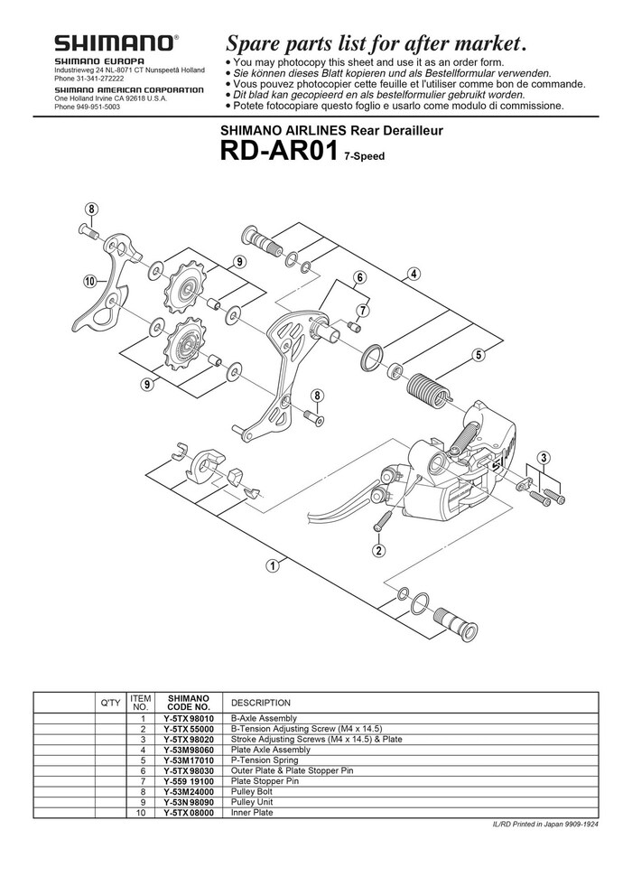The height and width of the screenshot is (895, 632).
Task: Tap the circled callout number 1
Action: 272,566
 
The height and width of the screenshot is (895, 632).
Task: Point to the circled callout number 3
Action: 544,458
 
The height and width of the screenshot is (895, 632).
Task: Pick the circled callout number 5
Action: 479,354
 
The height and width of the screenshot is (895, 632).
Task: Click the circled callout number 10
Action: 90,281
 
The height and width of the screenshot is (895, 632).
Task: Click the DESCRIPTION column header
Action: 261,703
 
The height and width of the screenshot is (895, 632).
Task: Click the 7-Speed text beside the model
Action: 364,156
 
